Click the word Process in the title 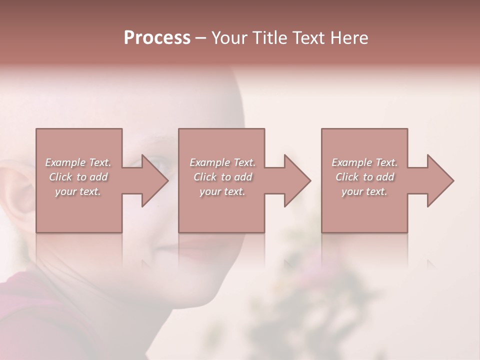click(x=157, y=38)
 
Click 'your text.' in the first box click(x=78, y=191)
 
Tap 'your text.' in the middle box click(x=222, y=191)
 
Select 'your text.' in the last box click(x=364, y=191)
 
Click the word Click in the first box click(x=60, y=177)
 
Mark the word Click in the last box click(x=347, y=177)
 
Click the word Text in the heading click(x=308, y=38)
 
